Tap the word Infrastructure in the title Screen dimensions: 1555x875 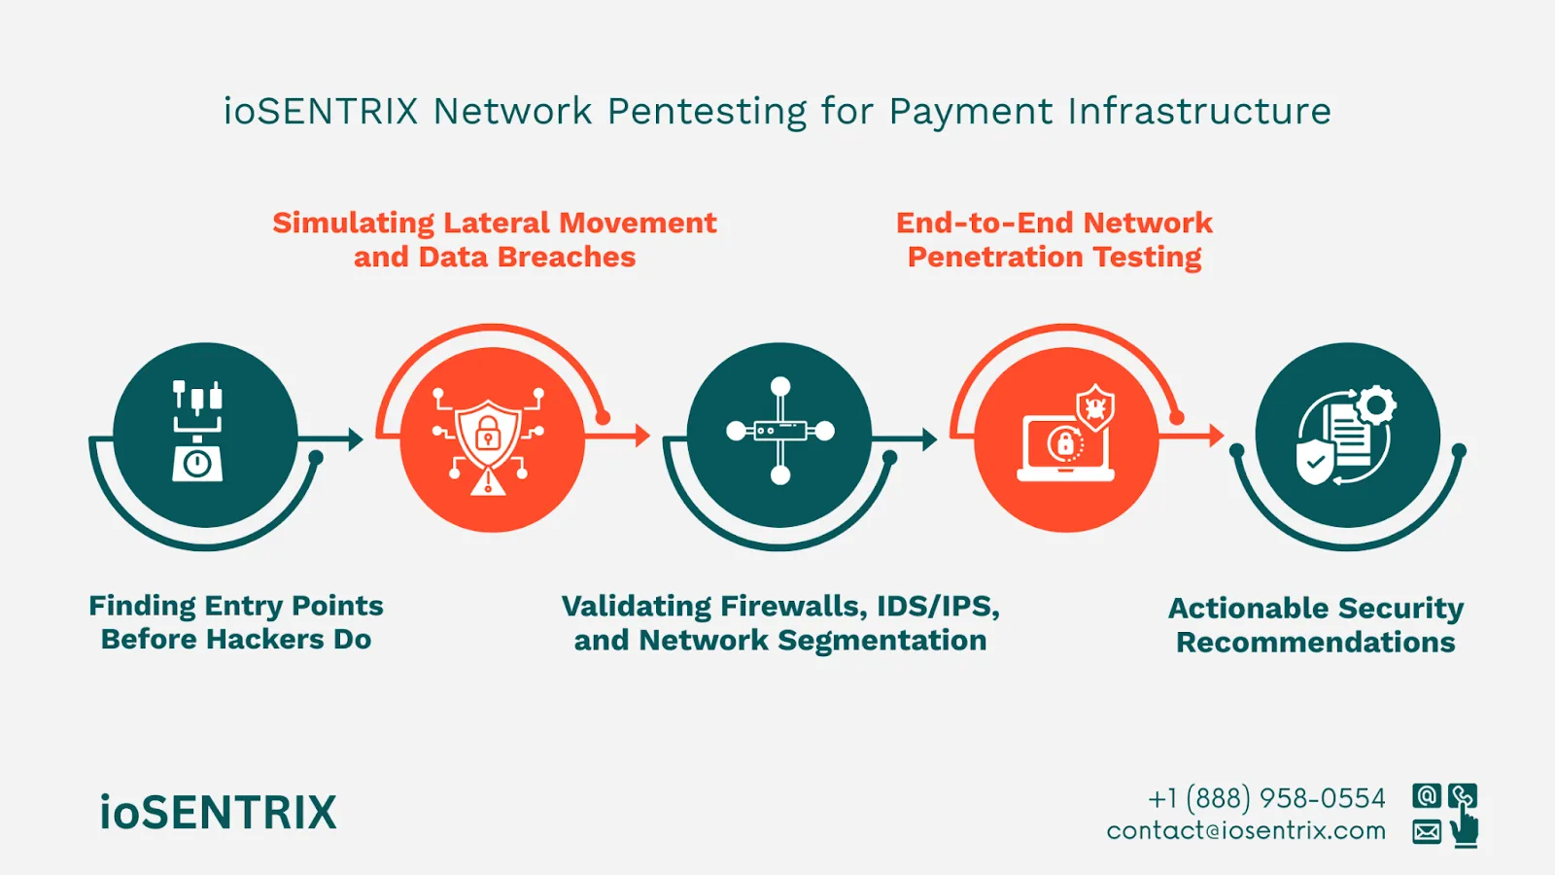1199,112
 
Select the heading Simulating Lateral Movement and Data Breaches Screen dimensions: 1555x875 494,239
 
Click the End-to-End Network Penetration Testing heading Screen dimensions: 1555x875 1054,239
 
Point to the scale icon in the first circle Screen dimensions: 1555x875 197,432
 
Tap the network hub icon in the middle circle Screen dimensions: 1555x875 780,431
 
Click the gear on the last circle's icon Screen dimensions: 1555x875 1376,405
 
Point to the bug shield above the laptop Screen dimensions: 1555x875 1095,406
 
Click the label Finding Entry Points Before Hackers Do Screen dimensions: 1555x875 236,622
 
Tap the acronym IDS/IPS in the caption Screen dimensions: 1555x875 937,607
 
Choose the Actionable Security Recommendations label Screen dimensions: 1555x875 1316,625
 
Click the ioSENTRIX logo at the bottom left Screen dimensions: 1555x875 218,813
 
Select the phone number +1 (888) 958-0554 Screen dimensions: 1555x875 1266,798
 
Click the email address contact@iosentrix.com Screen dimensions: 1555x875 1246,831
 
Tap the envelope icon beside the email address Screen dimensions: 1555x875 1427,832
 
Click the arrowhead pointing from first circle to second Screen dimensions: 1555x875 356,439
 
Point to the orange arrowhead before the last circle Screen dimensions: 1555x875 1217,436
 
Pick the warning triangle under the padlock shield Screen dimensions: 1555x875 488,482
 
